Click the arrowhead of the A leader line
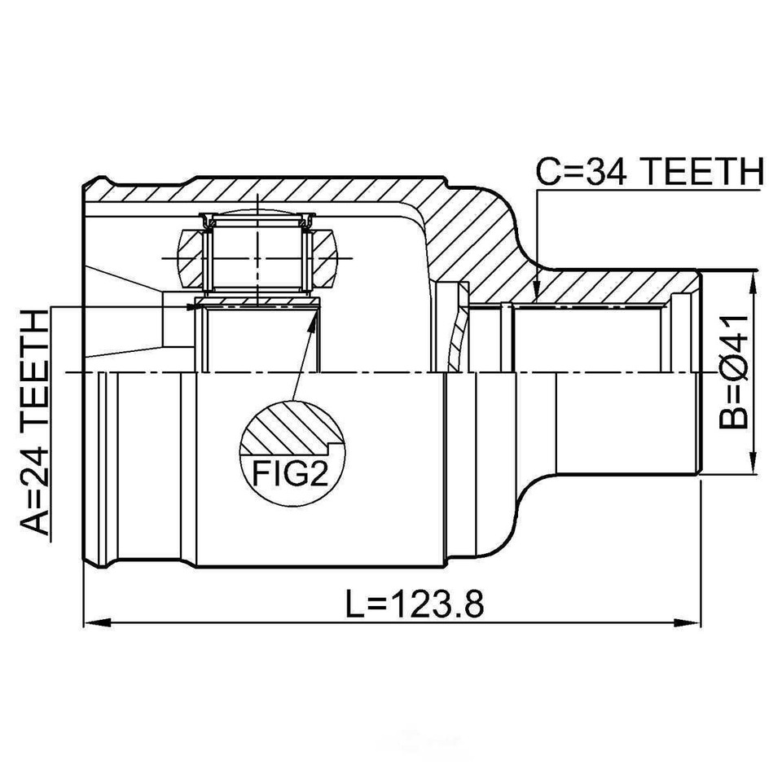tap(192, 306)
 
